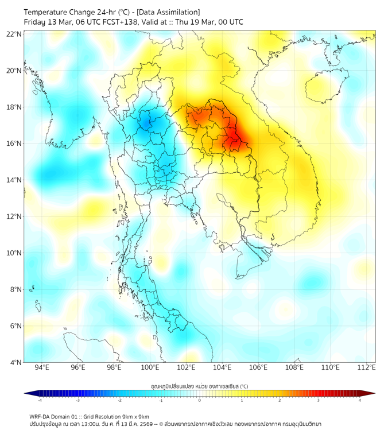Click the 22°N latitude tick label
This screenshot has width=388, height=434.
click(x=14, y=34)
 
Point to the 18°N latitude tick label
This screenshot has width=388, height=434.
click(x=14, y=107)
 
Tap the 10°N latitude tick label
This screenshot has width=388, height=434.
click(x=14, y=253)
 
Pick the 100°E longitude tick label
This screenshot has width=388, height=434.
click(x=150, y=368)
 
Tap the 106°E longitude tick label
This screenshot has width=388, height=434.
click(x=258, y=368)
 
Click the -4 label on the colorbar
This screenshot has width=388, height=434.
click(x=40, y=400)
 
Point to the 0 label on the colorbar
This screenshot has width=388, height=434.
click(x=200, y=400)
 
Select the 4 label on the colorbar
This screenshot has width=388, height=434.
click(x=359, y=400)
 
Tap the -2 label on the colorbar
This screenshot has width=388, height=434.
click(x=119, y=400)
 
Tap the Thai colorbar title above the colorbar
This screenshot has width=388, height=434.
click(x=199, y=386)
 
